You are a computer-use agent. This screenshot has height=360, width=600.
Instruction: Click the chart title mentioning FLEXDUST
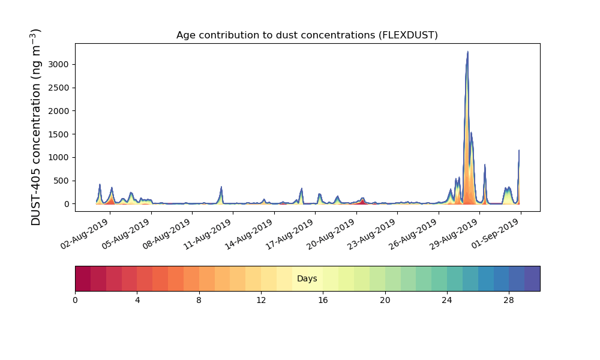click(x=307, y=35)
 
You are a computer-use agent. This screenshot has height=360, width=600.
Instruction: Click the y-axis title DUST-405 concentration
click(x=35, y=127)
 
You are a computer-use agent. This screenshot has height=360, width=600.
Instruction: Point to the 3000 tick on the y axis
click(x=59, y=64)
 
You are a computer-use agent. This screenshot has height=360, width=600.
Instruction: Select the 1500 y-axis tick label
click(x=59, y=134)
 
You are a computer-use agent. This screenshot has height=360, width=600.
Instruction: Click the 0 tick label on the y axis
click(x=67, y=204)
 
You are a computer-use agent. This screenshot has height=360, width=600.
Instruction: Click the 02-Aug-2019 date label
click(x=85, y=235)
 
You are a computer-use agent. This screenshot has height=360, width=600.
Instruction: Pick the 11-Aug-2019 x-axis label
click(x=208, y=235)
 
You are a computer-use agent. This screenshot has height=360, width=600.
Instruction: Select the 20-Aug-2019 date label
click(x=331, y=235)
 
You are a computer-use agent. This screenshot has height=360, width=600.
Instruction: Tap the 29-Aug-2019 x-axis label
click(x=454, y=235)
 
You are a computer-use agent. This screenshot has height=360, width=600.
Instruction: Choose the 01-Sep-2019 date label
click(x=496, y=235)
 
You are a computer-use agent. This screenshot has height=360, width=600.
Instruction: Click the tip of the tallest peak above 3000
click(x=467, y=52)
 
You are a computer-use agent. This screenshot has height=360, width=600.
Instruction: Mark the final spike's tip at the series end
click(x=519, y=150)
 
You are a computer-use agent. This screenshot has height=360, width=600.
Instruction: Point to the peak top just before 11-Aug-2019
click(x=221, y=187)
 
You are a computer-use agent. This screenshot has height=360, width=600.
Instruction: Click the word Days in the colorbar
click(x=307, y=278)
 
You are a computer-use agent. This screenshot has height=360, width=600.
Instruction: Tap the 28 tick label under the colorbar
click(x=509, y=301)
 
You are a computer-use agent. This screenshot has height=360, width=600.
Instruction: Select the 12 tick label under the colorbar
click(x=261, y=301)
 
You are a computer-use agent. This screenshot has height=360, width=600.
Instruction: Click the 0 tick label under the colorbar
click(x=75, y=301)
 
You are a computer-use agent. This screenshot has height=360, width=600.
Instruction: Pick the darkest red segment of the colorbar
click(x=83, y=278)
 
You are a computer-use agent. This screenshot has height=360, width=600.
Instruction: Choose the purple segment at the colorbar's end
click(x=532, y=278)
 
